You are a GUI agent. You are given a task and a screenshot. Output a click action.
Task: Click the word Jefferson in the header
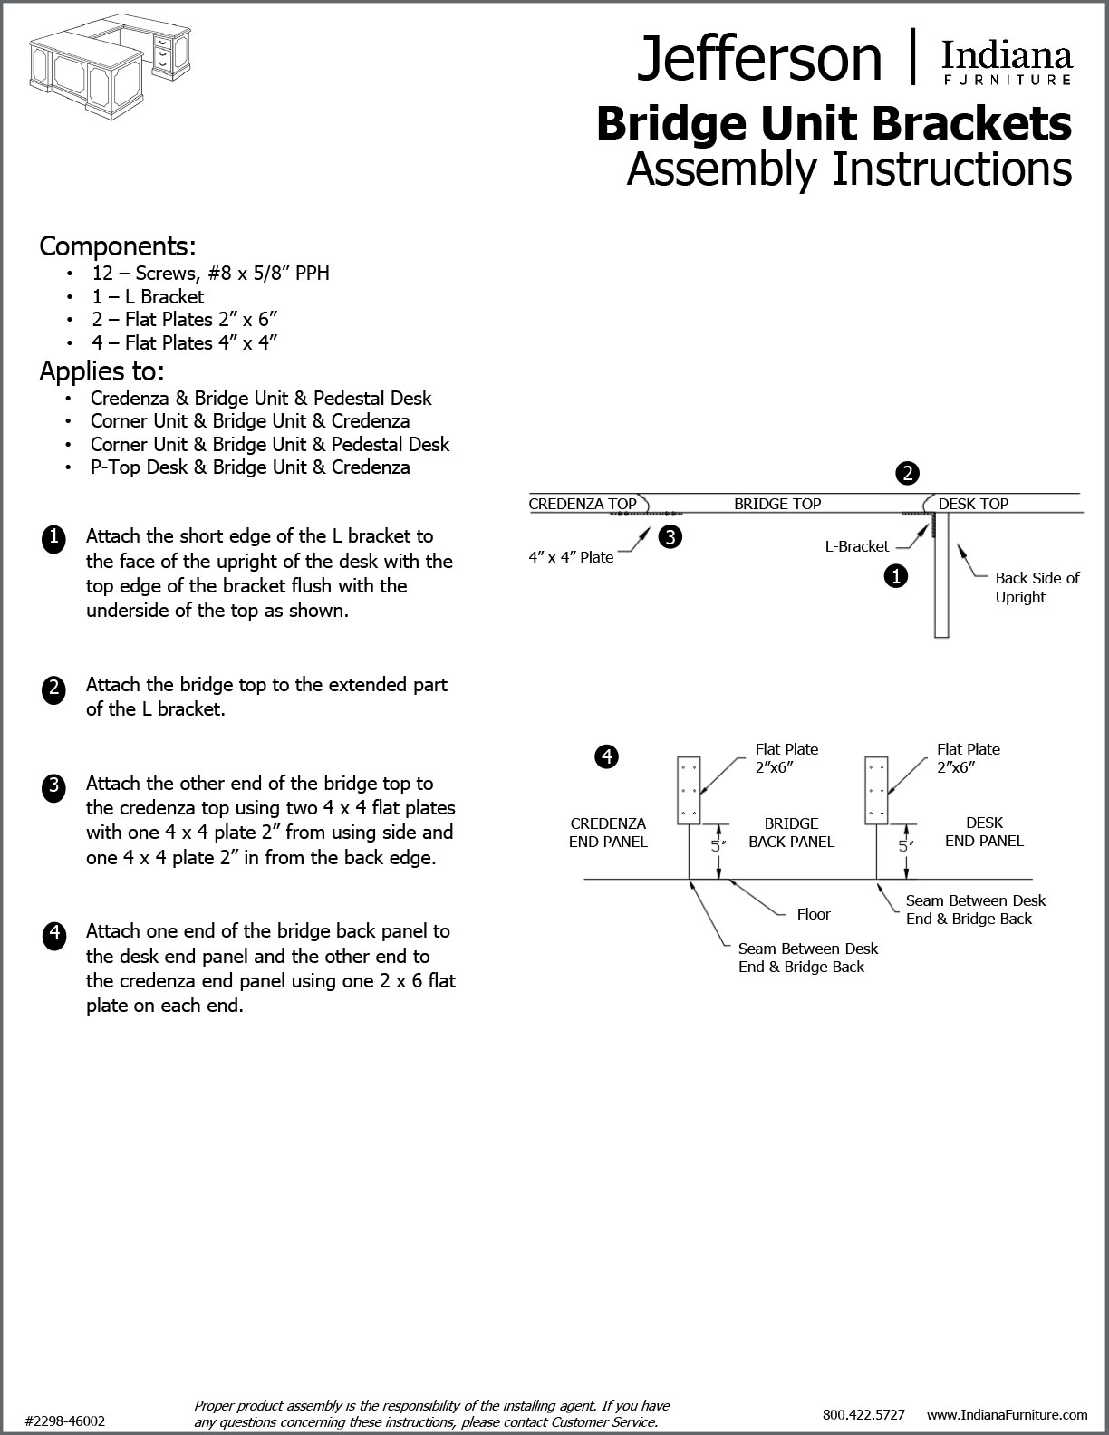tap(759, 58)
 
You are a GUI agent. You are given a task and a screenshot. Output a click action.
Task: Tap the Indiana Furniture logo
tap(1007, 63)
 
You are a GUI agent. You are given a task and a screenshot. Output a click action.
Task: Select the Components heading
tap(118, 246)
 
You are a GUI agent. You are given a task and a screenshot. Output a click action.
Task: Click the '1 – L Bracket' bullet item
tap(148, 296)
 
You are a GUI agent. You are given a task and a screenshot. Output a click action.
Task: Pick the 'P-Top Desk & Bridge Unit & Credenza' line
tap(250, 467)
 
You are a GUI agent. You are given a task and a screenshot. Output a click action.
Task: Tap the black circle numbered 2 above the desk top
tap(907, 473)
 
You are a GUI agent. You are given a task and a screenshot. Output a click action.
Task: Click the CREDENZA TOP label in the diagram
tap(583, 504)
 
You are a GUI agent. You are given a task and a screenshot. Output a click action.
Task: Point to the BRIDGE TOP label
tap(777, 504)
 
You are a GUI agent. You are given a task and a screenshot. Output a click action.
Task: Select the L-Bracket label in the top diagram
tap(856, 546)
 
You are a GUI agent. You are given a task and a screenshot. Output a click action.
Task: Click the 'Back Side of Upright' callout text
tap(1037, 587)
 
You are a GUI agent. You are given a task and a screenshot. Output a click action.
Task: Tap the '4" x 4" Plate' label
tap(571, 557)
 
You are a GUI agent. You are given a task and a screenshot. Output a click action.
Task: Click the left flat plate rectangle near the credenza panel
tap(690, 790)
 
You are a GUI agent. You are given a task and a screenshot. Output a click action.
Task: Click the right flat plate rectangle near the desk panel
tap(876, 790)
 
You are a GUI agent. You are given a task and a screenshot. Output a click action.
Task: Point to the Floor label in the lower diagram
tap(814, 914)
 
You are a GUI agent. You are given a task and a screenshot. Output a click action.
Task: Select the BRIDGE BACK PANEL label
tap(791, 833)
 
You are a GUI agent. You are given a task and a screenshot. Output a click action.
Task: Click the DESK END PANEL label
tap(984, 832)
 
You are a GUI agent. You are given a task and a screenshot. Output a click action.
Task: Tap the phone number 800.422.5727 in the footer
tap(863, 1414)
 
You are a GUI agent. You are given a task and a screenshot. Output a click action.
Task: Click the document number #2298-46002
tap(65, 1421)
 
